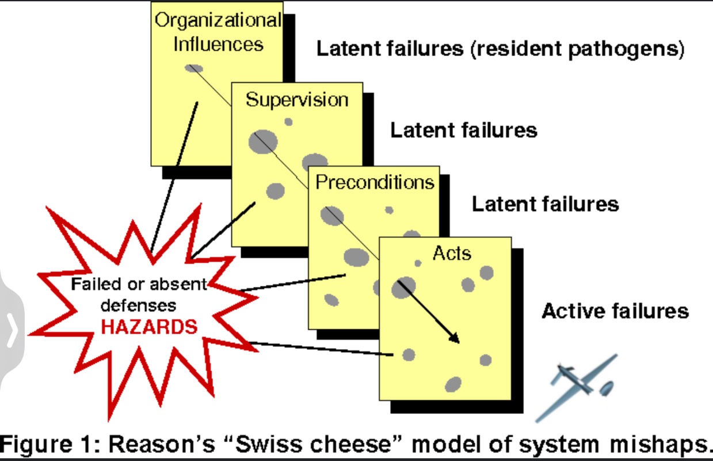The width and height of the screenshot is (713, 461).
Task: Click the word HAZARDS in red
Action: [x=149, y=327]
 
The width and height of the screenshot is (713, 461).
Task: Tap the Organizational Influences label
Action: [x=218, y=32]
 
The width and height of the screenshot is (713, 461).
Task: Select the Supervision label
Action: [x=297, y=100]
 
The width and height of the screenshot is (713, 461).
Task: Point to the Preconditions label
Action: [x=375, y=183]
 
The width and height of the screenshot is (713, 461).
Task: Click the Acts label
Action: [x=452, y=252]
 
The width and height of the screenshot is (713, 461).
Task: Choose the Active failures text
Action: [x=615, y=311]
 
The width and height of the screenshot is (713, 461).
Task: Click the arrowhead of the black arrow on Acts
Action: [x=455, y=338]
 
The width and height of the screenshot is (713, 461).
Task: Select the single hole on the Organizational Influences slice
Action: [x=194, y=69]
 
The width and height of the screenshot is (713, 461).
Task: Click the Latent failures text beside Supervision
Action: [x=464, y=130]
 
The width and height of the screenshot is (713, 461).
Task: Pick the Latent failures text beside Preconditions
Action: [x=545, y=204]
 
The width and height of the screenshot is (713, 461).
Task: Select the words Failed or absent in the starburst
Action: [x=138, y=284]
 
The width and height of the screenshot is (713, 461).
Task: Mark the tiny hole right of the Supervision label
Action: [x=288, y=122]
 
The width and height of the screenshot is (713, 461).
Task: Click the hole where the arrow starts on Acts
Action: [x=403, y=286]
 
